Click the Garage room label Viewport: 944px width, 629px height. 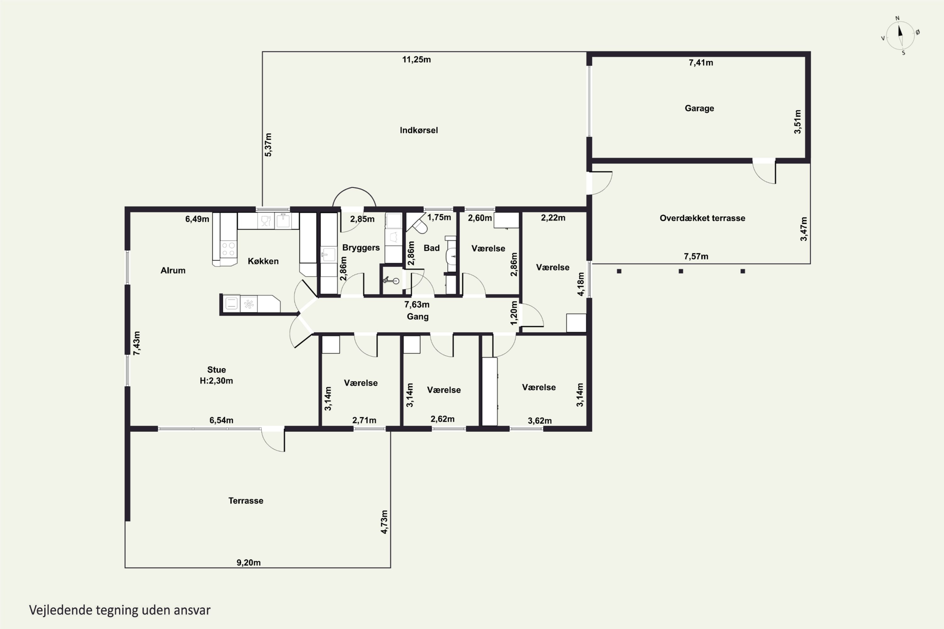tap(699, 108)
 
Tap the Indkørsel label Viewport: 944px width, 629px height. tap(419, 131)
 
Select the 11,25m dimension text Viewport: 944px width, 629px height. tap(417, 60)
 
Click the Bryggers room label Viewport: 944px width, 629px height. tap(361, 248)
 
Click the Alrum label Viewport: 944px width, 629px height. tap(173, 270)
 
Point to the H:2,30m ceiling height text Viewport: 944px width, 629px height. tap(216, 381)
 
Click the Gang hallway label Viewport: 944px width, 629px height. tap(418, 316)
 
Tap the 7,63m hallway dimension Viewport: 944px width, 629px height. tap(417, 305)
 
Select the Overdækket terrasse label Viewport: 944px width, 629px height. tap(702, 218)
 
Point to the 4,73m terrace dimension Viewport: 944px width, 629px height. tap(385, 522)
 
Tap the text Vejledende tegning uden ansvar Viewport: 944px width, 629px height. tap(120, 610)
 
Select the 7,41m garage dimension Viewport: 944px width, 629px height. tap(701, 63)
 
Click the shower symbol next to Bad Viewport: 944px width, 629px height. tap(390, 280)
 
